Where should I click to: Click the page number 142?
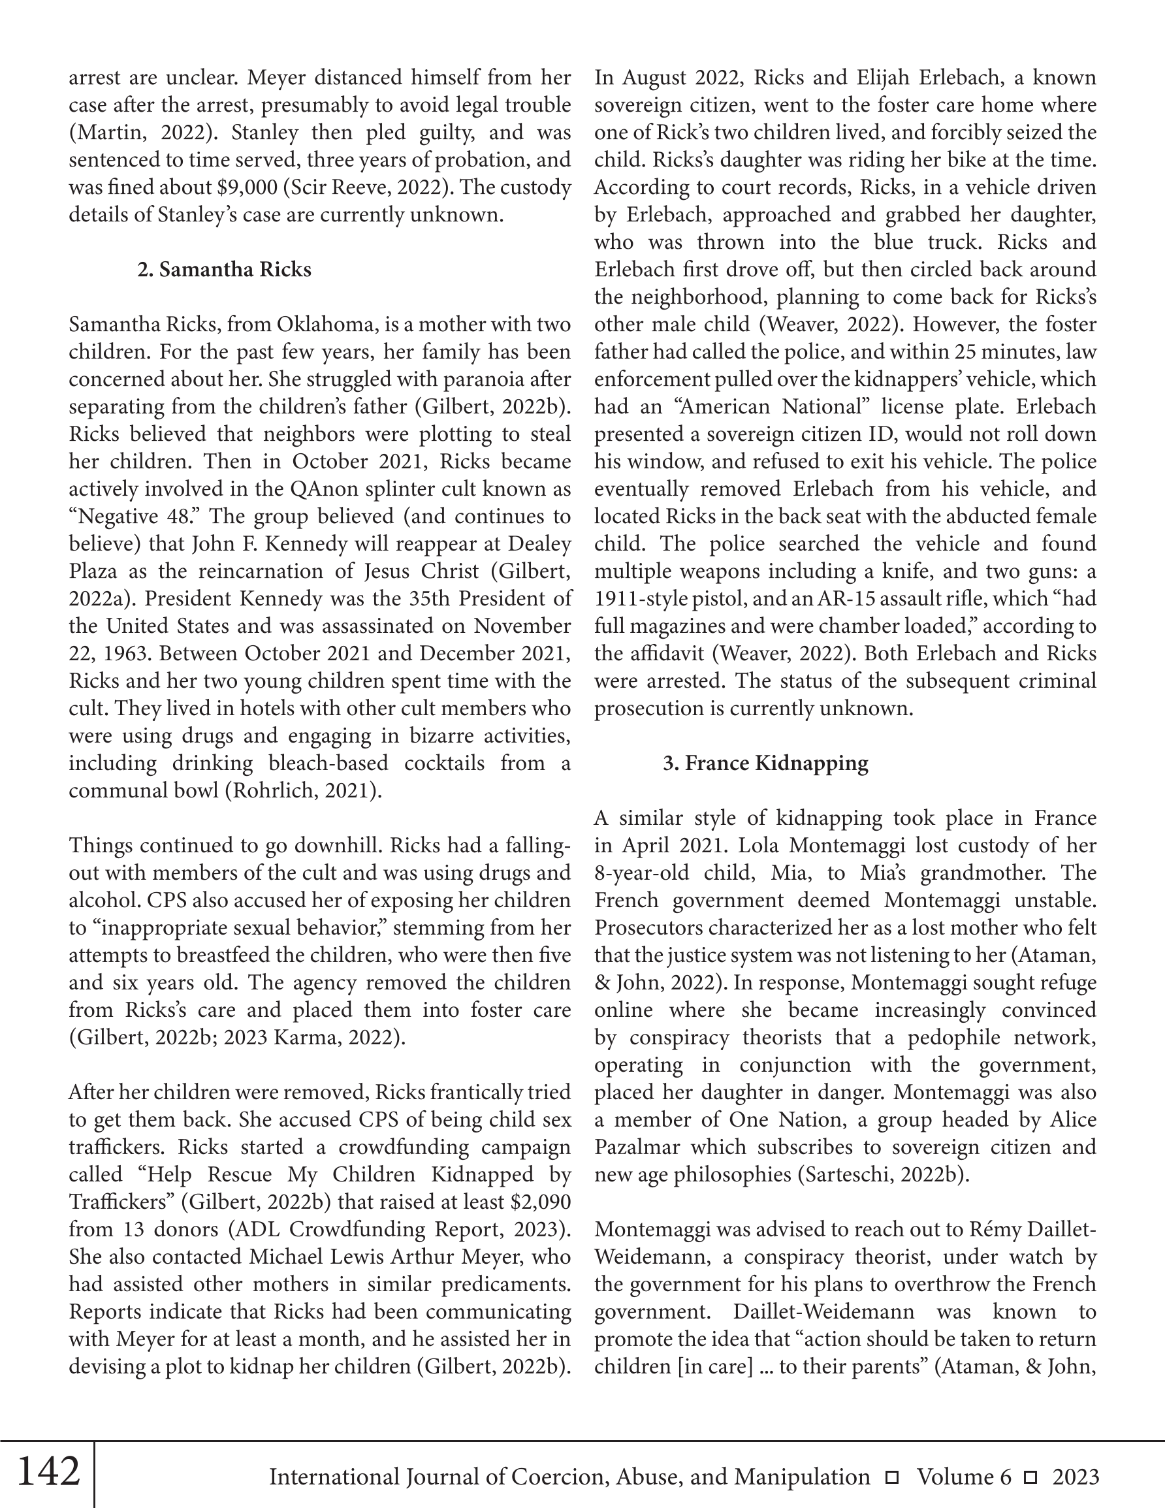pyautogui.click(x=48, y=1471)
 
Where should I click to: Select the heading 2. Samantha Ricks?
pyautogui.click(x=225, y=269)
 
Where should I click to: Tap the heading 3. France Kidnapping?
pyautogui.click(x=765, y=763)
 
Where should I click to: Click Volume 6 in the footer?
pyautogui.click(x=964, y=1477)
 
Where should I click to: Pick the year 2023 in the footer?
pyautogui.click(x=1076, y=1477)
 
